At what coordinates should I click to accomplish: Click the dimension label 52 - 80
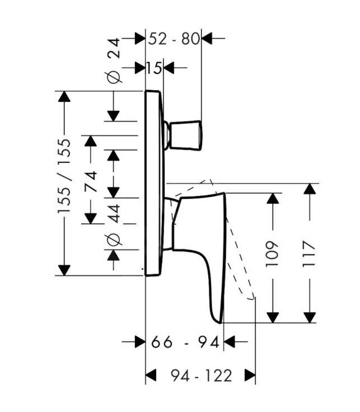(x=174, y=39)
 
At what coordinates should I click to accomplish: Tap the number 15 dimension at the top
(x=154, y=68)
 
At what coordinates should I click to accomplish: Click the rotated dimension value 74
(x=90, y=182)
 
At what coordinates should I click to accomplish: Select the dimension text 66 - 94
(x=185, y=342)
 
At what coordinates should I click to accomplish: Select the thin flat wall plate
(x=153, y=182)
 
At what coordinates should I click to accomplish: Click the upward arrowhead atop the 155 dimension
(x=64, y=97)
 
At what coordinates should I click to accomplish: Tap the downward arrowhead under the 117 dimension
(x=309, y=317)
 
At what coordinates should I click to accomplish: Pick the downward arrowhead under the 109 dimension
(x=272, y=317)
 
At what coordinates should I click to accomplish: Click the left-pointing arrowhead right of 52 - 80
(x=207, y=39)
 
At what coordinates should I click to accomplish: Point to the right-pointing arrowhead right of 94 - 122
(x=250, y=375)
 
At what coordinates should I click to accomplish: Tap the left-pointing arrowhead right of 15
(x=167, y=68)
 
